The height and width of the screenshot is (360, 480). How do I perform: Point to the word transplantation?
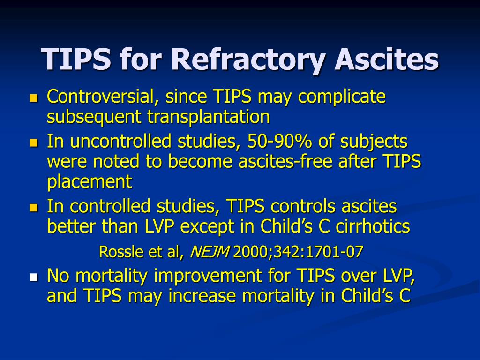pyautogui.click(x=209, y=117)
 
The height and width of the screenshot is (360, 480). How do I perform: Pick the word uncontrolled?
pyautogui.click(x=120, y=142)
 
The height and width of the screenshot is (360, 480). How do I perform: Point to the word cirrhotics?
pyautogui.click(x=373, y=226)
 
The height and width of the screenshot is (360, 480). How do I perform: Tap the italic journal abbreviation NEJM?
pyautogui.click(x=210, y=252)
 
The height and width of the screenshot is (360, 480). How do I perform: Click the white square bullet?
pyautogui.click(x=34, y=277)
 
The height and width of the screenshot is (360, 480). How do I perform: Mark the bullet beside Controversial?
pyautogui.click(x=34, y=98)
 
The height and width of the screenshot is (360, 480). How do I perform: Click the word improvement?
pyautogui.click(x=208, y=277)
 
